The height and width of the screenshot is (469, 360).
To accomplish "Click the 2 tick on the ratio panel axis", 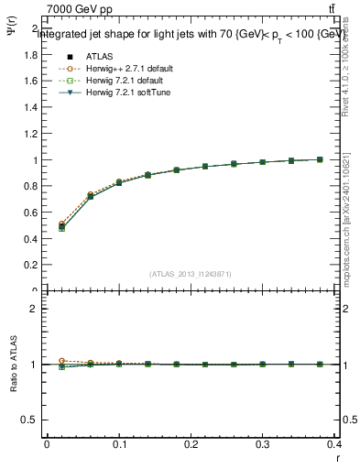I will click(x=34, y=309).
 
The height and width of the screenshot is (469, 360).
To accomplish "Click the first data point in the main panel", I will click(x=61, y=226).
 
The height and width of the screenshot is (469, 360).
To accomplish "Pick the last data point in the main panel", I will click(x=320, y=159).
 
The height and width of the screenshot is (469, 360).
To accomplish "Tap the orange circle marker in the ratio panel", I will click(x=61, y=361).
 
